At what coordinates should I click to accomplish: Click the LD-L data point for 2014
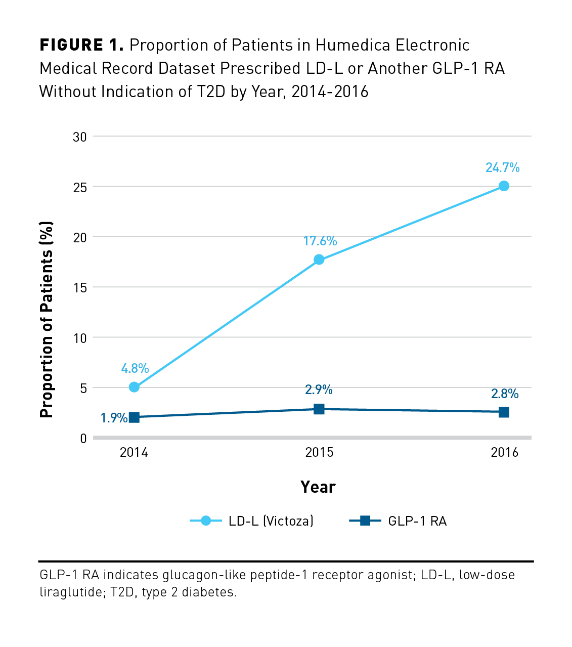click(134, 387)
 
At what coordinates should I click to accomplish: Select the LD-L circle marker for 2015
click(319, 260)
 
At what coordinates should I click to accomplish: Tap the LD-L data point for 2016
click(504, 186)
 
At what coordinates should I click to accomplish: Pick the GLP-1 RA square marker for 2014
click(134, 417)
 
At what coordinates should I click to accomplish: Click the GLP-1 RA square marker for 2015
click(319, 409)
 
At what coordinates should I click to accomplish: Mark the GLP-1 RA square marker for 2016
click(504, 412)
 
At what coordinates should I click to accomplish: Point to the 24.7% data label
click(502, 167)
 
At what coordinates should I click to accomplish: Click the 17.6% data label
click(320, 241)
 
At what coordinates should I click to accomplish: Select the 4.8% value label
click(135, 368)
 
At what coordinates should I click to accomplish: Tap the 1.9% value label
click(114, 418)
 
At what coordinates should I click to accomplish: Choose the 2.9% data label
click(319, 390)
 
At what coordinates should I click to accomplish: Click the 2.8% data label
click(505, 394)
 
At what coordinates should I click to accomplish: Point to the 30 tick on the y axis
click(80, 137)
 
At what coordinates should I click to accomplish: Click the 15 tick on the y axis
click(80, 287)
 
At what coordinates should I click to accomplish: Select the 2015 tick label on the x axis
click(319, 452)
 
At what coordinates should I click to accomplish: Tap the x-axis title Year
click(318, 487)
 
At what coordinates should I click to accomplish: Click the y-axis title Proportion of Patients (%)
click(47, 320)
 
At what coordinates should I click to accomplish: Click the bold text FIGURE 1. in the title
click(81, 46)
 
